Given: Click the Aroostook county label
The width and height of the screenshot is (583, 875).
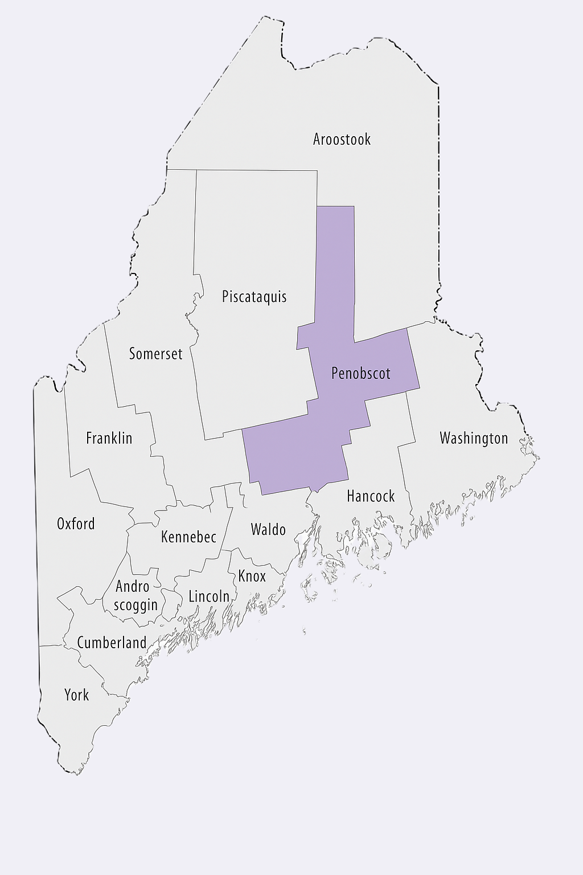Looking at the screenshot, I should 342,139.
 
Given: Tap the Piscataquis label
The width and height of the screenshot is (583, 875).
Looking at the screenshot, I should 254,297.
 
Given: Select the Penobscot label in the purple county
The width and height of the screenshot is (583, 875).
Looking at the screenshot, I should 361,374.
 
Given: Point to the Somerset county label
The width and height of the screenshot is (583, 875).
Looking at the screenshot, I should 155,354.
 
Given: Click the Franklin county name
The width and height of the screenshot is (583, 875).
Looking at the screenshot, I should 109,438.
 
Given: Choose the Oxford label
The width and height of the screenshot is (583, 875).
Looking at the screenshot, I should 76,524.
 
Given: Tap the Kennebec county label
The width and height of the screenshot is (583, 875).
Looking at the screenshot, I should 188,537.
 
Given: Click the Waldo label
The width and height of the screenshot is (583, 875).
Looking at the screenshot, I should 268,530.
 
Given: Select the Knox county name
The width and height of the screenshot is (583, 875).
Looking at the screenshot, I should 252,576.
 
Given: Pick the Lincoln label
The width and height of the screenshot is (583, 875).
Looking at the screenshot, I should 209,596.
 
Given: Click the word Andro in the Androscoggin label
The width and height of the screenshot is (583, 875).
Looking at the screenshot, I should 133,586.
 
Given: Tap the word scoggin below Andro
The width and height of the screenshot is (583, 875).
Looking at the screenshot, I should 136,605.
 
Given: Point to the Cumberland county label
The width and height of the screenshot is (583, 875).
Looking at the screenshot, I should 112,643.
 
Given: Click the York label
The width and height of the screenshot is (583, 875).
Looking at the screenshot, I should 76,695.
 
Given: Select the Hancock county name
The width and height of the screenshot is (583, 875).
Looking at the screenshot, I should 371,496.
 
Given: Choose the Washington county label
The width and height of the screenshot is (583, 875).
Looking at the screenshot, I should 474,438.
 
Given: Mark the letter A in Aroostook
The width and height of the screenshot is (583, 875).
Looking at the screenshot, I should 318,139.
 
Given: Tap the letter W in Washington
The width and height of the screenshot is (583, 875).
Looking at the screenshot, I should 446,438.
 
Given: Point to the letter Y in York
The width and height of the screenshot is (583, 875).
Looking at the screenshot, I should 68,695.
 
